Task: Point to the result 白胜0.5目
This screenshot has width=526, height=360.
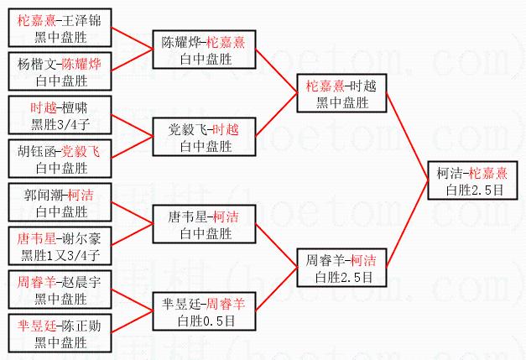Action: pos(206,320)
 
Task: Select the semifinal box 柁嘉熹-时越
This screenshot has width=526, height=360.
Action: pos(339,94)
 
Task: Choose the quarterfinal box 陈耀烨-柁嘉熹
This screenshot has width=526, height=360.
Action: pos(206,50)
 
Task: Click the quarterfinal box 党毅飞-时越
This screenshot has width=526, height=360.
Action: pos(206,138)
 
